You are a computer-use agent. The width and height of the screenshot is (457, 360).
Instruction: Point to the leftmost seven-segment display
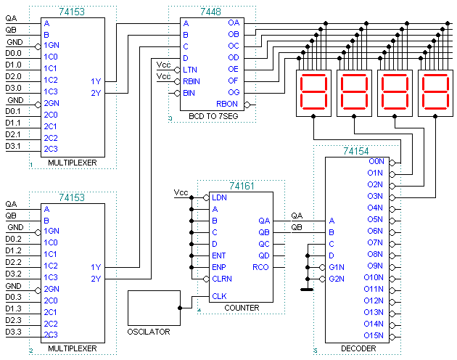click(x=313, y=94)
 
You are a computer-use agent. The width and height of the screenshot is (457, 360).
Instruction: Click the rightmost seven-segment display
click(x=435, y=94)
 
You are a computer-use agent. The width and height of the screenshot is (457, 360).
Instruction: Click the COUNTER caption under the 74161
click(x=242, y=308)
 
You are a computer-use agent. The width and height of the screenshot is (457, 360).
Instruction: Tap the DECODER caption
click(x=358, y=349)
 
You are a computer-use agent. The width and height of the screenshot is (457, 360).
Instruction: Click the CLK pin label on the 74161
click(x=219, y=296)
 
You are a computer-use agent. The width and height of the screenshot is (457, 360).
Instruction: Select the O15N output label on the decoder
click(x=373, y=335)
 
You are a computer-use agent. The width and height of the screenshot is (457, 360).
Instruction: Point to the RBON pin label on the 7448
click(x=228, y=105)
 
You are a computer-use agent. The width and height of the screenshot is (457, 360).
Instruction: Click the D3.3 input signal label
click(x=14, y=332)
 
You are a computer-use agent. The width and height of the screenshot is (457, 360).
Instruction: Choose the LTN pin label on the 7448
click(x=190, y=70)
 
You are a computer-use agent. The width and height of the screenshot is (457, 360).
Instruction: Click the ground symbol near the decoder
click(x=307, y=288)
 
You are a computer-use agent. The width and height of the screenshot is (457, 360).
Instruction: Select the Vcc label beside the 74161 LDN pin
click(x=181, y=193)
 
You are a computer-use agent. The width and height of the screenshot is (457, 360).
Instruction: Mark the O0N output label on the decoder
click(x=376, y=161)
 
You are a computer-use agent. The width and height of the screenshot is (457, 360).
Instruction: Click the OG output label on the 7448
click(x=233, y=92)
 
